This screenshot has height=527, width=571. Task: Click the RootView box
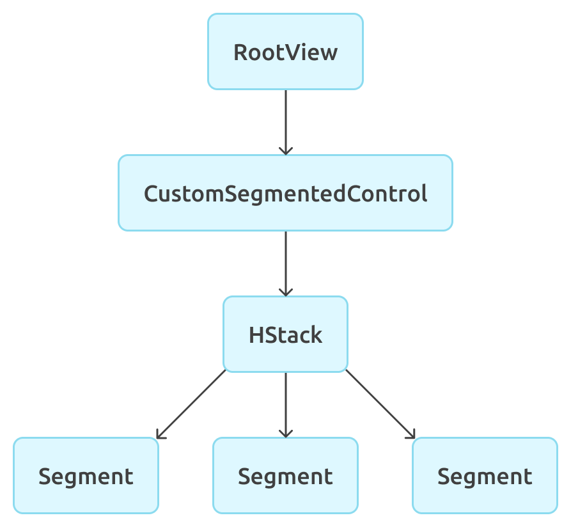tap(285, 51)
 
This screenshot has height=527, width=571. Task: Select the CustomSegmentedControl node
tap(285, 193)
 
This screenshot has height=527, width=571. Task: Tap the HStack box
tap(285, 334)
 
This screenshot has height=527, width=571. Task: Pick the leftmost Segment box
tap(86, 475)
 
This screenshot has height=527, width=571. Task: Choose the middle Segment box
tap(285, 475)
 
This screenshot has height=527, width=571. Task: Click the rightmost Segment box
tap(485, 475)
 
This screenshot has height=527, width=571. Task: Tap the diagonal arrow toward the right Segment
tap(379, 404)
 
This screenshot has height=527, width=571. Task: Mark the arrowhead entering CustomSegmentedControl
tap(285, 150)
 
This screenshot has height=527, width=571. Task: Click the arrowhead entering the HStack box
tap(285, 292)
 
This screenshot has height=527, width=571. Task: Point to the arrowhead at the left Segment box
tap(160, 434)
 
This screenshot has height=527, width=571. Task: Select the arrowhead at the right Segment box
tap(411, 434)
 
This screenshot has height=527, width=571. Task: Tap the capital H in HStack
tap(256, 334)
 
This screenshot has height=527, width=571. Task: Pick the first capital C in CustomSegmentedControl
tap(152, 193)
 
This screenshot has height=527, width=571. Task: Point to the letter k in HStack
tap(316, 334)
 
